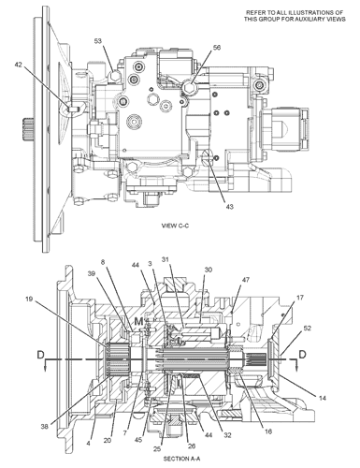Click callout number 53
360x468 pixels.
(98, 41)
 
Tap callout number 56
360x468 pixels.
(217, 47)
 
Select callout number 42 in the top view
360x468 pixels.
(19, 64)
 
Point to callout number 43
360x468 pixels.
(230, 206)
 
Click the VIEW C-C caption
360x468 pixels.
(175, 226)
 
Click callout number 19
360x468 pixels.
(29, 300)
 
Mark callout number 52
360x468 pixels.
(307, 328)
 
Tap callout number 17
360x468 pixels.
(300, 298)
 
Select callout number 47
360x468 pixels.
(246, 280)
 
